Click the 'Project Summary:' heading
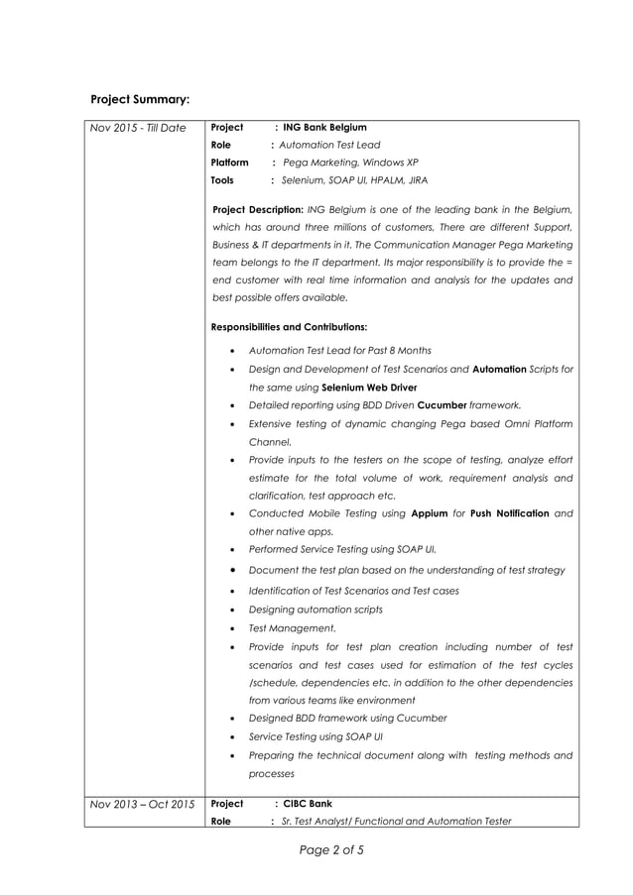pyautogui.click(x=140, y=99)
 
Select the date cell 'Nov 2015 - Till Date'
pyautogui.click(x=138, y=128)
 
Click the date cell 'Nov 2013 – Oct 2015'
pyautogui.click(x=142, y=804)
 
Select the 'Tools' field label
pyautogui.click(x=222, y=181)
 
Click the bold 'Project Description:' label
pyautogui.click(x=259, y=209)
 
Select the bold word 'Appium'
pyautogui.click(x=429, y=513)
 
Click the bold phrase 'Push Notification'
pyautogui.click(x=509, y=513)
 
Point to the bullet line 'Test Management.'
pyautogui.click(x=292, y=628)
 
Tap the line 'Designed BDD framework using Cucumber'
pyautogui.click(x=347, y=718)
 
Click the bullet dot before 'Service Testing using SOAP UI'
pyautogui.click(x=231, y=737)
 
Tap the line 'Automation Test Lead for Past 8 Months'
pyautogui.click(x=339, y=351)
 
